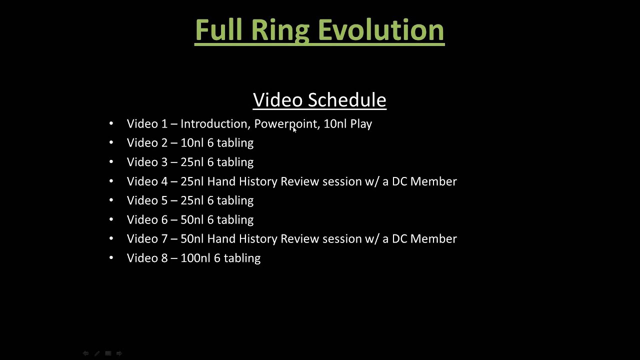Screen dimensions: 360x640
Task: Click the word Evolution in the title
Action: coord(381,30)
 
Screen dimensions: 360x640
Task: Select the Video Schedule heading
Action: coord(319,100)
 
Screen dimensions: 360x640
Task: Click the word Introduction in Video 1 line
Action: coord(214,123)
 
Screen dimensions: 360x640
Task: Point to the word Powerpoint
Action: coord(285,123)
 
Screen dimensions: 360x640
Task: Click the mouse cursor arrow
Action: coord(294,129)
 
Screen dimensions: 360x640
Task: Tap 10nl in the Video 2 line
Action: coord(192,143)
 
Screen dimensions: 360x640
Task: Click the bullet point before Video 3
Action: coord(111,162)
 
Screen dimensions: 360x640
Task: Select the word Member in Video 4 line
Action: coord(433,181)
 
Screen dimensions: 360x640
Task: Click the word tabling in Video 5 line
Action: coord(235,200)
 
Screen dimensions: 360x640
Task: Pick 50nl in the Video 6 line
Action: coord(192,219)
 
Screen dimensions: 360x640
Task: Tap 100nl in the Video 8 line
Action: coord(195,258)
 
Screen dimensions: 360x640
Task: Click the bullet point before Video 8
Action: coord(111,258)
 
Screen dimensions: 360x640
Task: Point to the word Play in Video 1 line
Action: coord(361,123)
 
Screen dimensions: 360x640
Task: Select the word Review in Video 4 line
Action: coord(299,181)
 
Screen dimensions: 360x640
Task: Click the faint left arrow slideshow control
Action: coord(85,353)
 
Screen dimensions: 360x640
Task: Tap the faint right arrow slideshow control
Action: coord(119,353)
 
